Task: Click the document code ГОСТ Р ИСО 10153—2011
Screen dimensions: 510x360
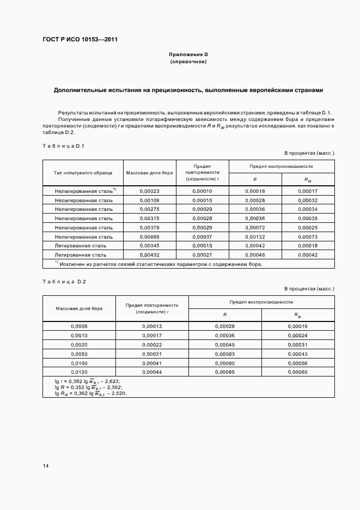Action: [x=80, y=40]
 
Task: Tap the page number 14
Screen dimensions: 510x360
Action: [x=46, y=466]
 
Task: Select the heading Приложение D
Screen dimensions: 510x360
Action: [x=188, y=55]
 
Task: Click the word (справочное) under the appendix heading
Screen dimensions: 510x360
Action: [x=188, y=62]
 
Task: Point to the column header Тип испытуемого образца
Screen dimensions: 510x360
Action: [x=83, y=173]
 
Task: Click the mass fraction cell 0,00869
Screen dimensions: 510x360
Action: [x=149, y=236]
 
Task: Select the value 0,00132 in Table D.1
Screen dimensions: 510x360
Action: [x=255, y=236]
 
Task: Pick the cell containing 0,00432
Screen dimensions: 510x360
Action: [x=149, y=255]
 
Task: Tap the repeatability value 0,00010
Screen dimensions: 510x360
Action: [x=202, y=191]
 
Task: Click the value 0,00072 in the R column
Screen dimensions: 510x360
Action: [x=255, y=227]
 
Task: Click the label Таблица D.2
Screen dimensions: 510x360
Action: [x=64, y=281]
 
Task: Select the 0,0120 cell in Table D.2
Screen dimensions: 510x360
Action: [x=79, y=372]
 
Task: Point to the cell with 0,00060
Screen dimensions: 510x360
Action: [x=298, y=372]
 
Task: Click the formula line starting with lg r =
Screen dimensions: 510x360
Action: [x=88, y=381]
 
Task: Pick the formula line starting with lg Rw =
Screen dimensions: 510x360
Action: [x=90, y=393]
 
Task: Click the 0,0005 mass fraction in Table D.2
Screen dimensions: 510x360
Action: [x=79, y=326]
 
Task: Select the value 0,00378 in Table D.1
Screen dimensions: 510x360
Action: [x=149, y=227]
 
